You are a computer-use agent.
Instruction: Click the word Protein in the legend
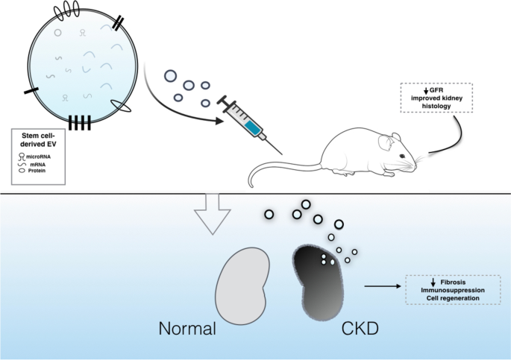pyautogui.click(x=39, y=171)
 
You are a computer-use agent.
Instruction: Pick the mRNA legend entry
pyautogui.click(x=38, y=163)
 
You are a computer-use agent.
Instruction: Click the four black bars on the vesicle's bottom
pyautogui.click(x=79, y=122)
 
